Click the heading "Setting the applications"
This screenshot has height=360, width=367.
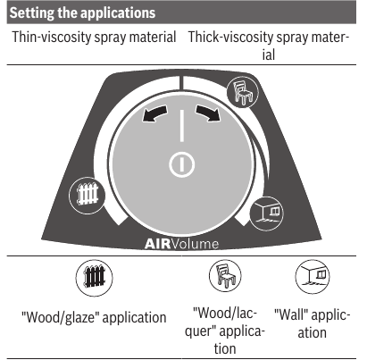pyautogui.click(x=82, y=13)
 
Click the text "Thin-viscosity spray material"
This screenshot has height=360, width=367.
pyautogui.click(x=94, y=38)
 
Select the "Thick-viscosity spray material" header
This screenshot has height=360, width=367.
pyautogui.click(x=269, y=46)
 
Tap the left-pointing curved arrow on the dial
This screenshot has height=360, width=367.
pyautogui.click(x=154, y=113)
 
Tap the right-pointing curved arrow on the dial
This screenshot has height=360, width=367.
pyautogui.click(x=208, y=113)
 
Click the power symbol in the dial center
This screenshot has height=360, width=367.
pyautogui.click(x=181, y=164)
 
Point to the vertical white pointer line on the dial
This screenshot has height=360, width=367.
pyautogui.click(x=181, y=125)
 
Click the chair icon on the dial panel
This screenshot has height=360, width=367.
pyautogui.click(x=242, y=91)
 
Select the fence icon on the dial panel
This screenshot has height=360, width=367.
pyautogui.click(x=88, y=195)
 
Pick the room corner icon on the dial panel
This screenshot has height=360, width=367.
pyautogui.click(x=266, y=213)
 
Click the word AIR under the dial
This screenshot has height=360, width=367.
pyautogui.click(x=157, y=244)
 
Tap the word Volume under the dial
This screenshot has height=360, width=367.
pyautogui.click(x=195, y=244)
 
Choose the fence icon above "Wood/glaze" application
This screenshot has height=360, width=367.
pyautogui.click(x=95, y=278)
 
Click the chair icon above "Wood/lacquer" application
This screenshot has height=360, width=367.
pyautogui.click(x=225, y=276)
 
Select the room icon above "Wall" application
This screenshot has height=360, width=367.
pyautogui.click(x=313, y=277)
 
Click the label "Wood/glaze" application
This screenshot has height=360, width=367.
pyautogui.click(x=94, y=317)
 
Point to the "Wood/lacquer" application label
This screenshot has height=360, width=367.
pyautogui.click(x=225, y=331)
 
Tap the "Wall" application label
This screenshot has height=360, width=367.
pyautogui.click(x=312, y=323)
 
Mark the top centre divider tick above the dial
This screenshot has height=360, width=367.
pyautogui.click(x=181, y=82)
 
